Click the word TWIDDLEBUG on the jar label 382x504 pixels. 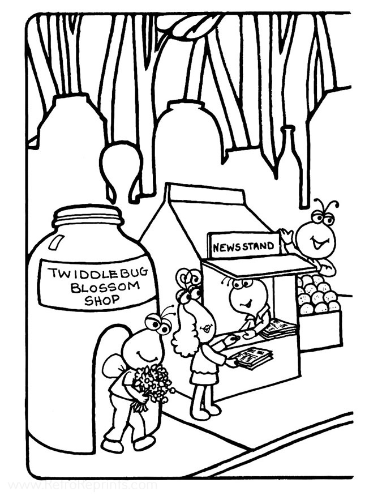pyautogui.click(x=98, y=273)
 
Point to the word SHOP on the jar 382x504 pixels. pyautogui.click(x=101, y=300)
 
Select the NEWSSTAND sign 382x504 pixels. pyautogui.click(x=243, y=246)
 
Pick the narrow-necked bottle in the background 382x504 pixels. pyautogui.click(x=291, y=163)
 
